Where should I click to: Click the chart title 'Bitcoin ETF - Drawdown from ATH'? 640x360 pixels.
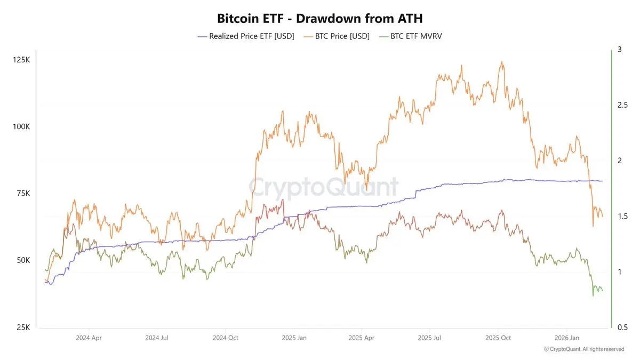319,18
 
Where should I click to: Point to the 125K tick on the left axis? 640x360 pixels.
21,60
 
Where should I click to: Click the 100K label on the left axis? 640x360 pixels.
21,127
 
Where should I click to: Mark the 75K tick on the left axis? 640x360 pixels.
22,194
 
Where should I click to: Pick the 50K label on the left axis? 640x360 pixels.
22,260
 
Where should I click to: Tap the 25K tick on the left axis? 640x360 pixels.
22,327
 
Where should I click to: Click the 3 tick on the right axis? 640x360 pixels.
619,49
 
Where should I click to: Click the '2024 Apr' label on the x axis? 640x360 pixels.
89,338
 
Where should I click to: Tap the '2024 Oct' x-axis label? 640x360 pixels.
226,338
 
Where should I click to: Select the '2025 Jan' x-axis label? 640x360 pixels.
294,338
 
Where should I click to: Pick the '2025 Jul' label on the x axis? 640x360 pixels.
430,338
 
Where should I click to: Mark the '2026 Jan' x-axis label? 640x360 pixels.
567,338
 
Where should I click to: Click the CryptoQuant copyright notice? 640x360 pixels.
584,349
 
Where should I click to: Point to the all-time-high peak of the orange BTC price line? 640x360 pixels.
501,61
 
